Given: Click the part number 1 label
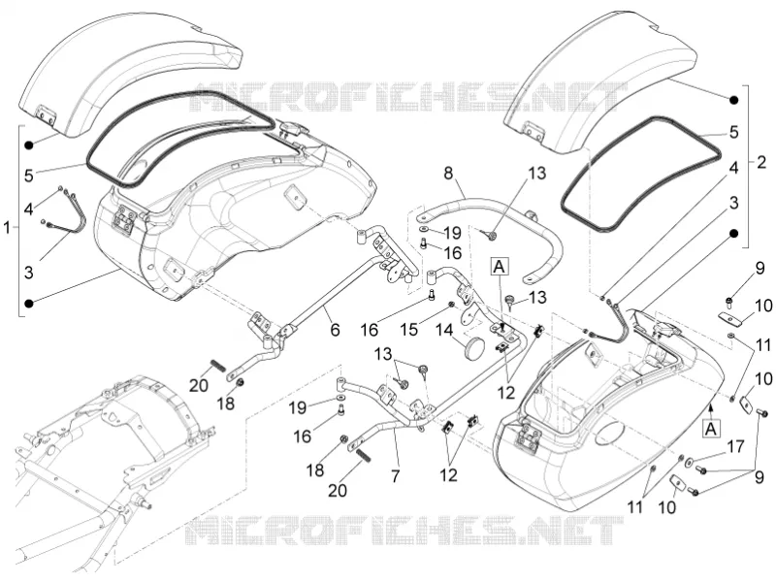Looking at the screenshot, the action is tap(7, 228).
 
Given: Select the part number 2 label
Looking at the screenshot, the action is tap(762, 162).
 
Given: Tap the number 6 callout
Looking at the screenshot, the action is tap(335, 330).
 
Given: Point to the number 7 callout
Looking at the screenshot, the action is tap(395, 476).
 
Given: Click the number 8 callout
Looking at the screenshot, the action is tap(448, 175).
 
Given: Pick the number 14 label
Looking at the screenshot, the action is tap(444, 330).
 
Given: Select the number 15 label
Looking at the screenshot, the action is tap(409, 330).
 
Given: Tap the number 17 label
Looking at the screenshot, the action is tap(735, 447).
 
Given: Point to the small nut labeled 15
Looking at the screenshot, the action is tap(451, 304).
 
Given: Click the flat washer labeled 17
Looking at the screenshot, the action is tap(689, 464).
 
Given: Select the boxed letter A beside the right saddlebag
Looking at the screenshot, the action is tap(711, 429).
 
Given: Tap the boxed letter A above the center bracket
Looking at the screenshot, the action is tap(500, 267).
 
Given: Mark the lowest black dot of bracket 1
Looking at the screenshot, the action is tap(29, 303).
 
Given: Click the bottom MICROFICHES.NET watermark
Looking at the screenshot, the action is tap(404, 530).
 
